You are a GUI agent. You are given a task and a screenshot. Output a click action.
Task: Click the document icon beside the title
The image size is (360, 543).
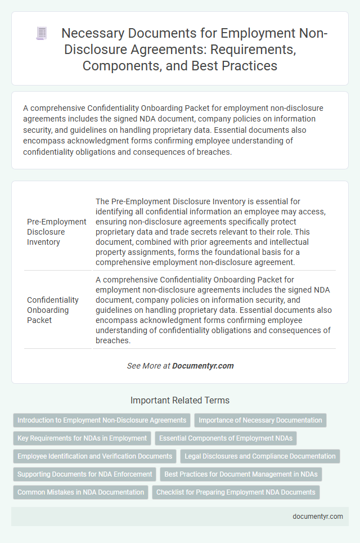click(x=41, y=33)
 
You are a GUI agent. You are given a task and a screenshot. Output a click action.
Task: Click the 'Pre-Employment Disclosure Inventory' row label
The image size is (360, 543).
click(x=57, y=231)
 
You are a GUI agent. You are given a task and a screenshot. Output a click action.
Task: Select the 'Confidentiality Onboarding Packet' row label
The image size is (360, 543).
click(x=53, y=310)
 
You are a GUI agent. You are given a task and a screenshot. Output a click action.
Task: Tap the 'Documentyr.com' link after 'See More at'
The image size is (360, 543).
click(x=203, y=366)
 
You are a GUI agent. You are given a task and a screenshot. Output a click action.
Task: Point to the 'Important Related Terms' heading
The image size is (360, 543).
click(x=180, y=401)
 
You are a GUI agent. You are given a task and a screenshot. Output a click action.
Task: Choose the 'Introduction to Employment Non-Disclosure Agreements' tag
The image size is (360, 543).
click(x=102, y=420)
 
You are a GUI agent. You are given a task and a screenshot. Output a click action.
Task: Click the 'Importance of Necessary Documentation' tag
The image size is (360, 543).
click(x=260, y=420)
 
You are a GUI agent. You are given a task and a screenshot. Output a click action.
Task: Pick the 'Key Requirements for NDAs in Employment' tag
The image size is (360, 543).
click(x=82, y=438)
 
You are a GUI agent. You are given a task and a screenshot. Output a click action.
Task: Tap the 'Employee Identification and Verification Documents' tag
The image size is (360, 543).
click(x=94, y=456)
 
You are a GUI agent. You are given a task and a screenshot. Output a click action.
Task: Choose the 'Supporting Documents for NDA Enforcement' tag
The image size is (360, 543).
click(x=84, y=474)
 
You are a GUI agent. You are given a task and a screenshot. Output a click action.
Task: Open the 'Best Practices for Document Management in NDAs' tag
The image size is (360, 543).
click(x=241, y=474)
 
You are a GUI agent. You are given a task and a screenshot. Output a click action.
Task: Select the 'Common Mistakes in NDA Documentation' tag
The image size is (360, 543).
click(x=80, y=492)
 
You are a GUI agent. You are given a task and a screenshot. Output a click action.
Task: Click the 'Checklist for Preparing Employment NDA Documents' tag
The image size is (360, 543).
click(x=236, y=492)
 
